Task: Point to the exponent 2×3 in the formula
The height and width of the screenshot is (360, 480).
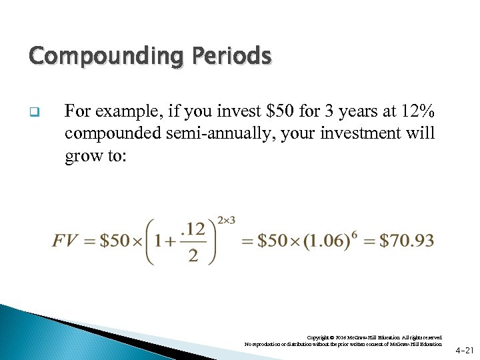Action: [227, 221]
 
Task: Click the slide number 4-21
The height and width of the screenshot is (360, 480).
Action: [465, 349]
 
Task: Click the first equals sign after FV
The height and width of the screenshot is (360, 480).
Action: [89, 241]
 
